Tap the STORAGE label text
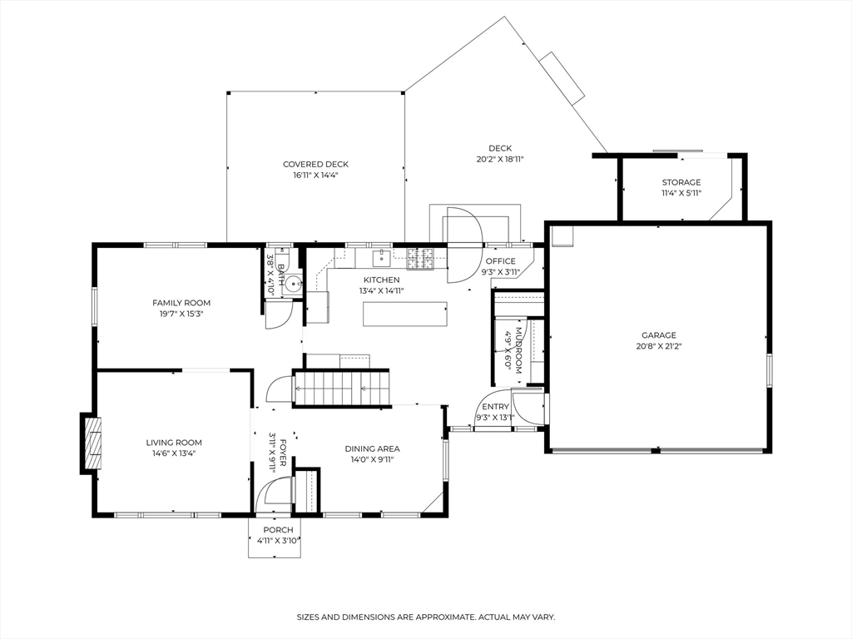pyautogui.click(x=681, y=182)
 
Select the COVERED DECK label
pyautogui.click(x=315, y=165)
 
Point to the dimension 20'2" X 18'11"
pyautogui.click(x=500, y=159)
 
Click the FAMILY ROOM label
pyautogui.click(x=181, y=303)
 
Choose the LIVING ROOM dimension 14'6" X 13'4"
pyautogui.click(x=174, y=453)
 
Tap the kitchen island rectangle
pyautogui.click(x=404, y=314)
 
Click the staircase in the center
pyautogui.click(x=340, y=388)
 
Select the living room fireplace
pyautogui.click(x=92, y=443)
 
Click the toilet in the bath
pyautogui.click(x=294, y=284)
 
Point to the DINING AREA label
pyautogui.click(x=372, y=448)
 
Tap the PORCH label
pyautogui.click(x=278, y=530)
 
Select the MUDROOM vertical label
pyautogui.click(x=518, y=345)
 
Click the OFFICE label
pyautogui.click(x=500, y=261)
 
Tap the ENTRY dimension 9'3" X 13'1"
pyautogui.click(x=495, y=418)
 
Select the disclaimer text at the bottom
pyautogui.click(x=426, y=617)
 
